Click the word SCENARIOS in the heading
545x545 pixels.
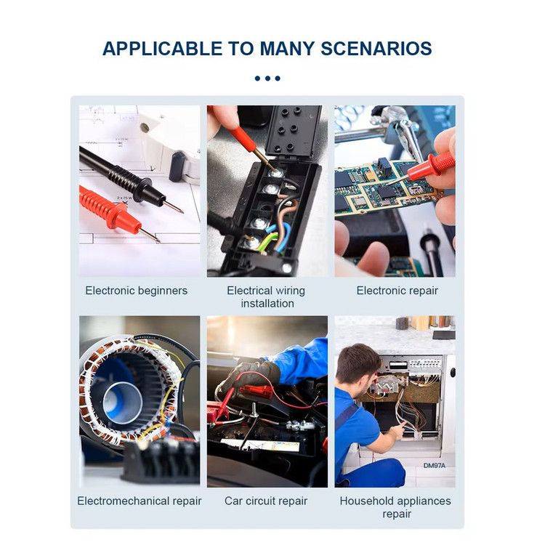[x=376, y=49]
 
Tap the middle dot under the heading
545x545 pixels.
[x=267, y=78]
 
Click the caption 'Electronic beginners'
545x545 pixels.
[x=137, y=291]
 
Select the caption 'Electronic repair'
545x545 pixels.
[x=397, y=291]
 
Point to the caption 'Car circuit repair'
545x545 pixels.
[x=266, y=501]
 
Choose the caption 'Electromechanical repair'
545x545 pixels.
[x=140, y=501]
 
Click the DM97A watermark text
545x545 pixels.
[x=434, y=465]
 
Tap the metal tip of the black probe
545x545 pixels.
[x=174, y=207]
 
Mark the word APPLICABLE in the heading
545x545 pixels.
[x=162, y=49]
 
